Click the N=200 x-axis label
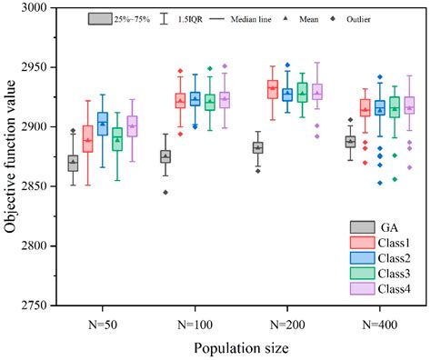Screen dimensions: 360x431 pos(280,323)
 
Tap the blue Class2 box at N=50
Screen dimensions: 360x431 pos(103,124)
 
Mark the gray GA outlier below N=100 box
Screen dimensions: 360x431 pos(165,193)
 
